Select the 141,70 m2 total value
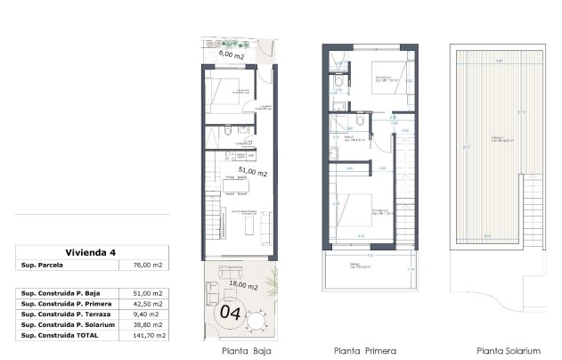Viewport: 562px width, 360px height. [x=146, y=334]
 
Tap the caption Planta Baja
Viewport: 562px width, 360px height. [x=246, y=350]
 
